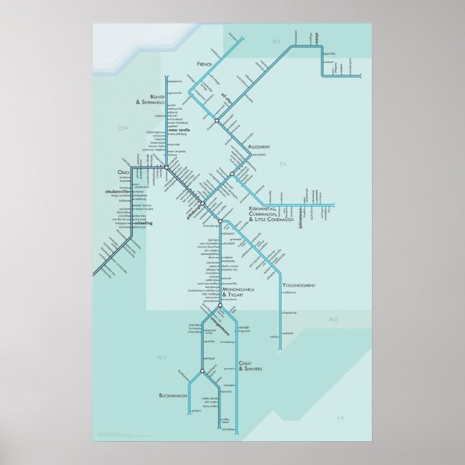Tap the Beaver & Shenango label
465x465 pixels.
coord(149,100)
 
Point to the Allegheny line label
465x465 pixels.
coord(259,147)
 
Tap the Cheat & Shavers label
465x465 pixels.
coord(249,368)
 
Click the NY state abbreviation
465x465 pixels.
coord(275,44)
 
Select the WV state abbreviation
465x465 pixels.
coord(162,357)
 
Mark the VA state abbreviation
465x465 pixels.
coord(341,418)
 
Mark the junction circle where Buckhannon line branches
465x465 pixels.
coord(202,371)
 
